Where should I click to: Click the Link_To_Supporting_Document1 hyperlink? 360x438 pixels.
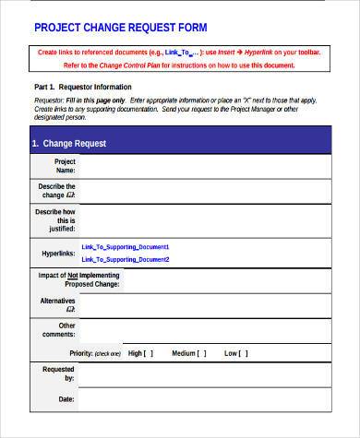(126, 247)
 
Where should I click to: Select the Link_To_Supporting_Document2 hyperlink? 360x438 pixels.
(126, 258)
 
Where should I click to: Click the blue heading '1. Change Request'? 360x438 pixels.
(69, 144)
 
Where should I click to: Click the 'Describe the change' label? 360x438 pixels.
(57, 191)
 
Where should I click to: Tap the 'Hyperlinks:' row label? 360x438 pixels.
(56, 253)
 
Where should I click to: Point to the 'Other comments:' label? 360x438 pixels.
(61, 330)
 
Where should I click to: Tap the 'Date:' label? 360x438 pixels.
(66, 399)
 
